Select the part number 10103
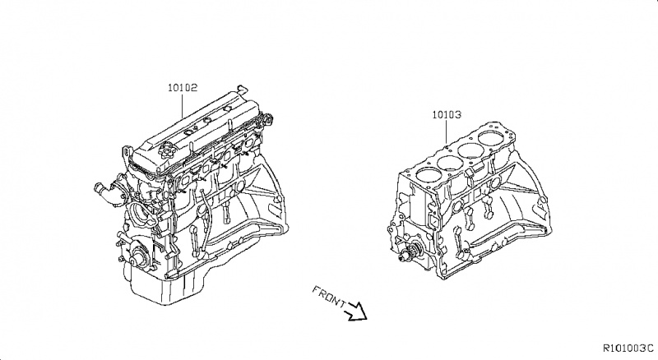pyautogui.click(x=444, y=117)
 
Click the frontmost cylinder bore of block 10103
pyautogui.click(x=426, y=174)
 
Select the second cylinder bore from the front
pyautogui.click(x=450, y=162)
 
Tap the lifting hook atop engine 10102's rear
pyautogui.click(x=239, y=87)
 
